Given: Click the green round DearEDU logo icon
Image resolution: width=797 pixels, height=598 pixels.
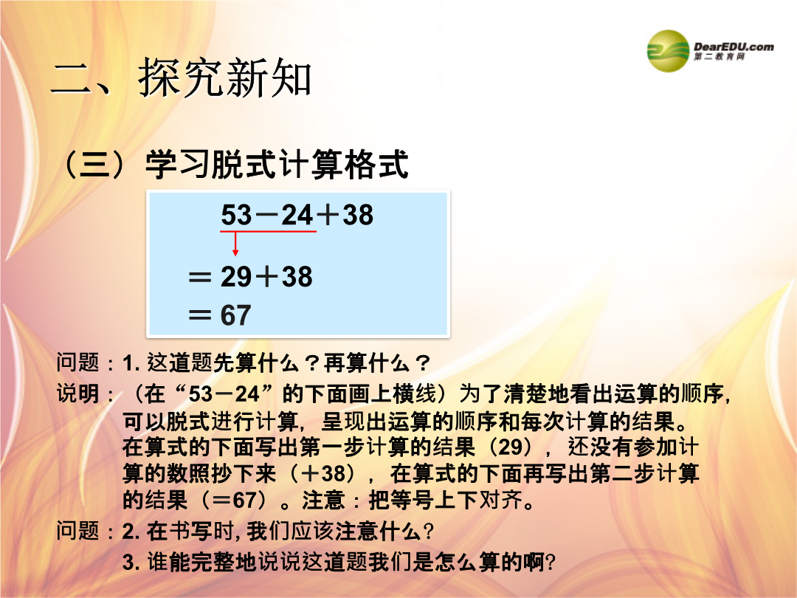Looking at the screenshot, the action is pyautogui.click(x=669, y=51).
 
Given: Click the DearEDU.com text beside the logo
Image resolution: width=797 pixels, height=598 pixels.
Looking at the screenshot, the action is pyautogui.click(x=734, y=47).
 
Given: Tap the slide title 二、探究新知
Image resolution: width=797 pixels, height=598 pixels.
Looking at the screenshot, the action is pyautogui.click(x=182, y=78).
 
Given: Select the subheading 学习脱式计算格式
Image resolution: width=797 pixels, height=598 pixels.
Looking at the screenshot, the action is pyautogui.click(x=277, y=164).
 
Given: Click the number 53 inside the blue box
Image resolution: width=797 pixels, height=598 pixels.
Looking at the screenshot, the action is pyautogui.click(x=236, y=215).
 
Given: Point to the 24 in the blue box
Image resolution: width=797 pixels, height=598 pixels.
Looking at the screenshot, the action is pyautogui.click(x=297, y=215).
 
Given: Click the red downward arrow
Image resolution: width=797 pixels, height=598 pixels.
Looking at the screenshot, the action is pyautogui.click(x=235, y=244).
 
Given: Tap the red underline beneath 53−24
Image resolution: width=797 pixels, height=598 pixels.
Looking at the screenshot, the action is pyautogui.click(x=269, y=231).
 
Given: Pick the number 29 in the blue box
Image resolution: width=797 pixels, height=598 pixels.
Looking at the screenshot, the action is pyautogui.click(x=236, y=277).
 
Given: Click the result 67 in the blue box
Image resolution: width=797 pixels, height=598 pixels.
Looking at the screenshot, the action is pyautogui.click(x=236, y=315).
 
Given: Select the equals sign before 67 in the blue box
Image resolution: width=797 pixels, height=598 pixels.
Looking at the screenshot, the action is pyautogui.click(x=200, y=315).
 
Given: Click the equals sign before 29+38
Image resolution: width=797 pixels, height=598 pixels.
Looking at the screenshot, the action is pyautogui.click(x=200, y=277).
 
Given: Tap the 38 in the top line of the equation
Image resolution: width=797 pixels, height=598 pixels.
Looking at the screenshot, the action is pyautogui.click(x=359, y=215).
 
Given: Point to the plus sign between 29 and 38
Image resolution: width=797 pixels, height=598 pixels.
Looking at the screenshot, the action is pyautogui.click(x=267, y=277).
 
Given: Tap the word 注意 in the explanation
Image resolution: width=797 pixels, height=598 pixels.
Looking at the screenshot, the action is pyautogui.click(x=323, y=500).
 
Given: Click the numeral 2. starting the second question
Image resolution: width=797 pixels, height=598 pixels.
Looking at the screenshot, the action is pyautogui.click(x=131, y=532).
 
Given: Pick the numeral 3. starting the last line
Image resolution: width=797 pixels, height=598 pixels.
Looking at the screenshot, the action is pyautogui.click(x=131, y=563).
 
